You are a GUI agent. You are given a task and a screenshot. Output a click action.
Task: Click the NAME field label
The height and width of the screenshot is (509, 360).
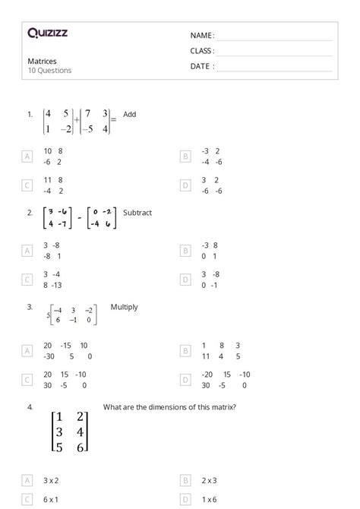click(202, 36)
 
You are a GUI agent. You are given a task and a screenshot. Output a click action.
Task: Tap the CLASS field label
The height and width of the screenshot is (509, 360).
click(202, 51)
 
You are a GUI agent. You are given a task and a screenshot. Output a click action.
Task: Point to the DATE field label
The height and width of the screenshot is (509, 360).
click(202, 66)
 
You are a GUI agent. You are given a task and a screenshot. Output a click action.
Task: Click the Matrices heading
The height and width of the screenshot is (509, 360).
click(42, 62)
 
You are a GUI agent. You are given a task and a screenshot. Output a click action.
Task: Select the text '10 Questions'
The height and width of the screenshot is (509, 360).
click(50, 71)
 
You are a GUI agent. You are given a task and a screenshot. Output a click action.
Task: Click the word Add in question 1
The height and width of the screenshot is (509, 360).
click(130, 115)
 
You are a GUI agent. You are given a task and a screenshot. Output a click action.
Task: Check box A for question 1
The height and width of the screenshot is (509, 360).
click(27, 156)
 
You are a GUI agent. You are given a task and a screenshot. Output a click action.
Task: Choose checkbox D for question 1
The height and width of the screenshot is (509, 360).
click(185, 185)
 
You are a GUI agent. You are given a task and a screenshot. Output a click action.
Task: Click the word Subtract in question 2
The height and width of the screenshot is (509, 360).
click(137, 213)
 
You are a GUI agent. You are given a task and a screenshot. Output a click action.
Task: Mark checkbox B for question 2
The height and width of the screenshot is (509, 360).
click(185, 250)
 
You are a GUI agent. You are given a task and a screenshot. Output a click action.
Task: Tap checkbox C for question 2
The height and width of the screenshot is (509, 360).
click(27, 280)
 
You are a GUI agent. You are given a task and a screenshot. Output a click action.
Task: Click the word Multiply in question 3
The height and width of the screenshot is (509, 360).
click(125, 308)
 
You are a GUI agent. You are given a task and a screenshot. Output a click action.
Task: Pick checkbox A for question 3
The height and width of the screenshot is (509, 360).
click(27, 350)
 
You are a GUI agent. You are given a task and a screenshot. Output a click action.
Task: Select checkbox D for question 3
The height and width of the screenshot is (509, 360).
click(185, 379)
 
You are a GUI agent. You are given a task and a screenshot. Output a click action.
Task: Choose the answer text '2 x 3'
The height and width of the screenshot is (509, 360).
click(210, 480)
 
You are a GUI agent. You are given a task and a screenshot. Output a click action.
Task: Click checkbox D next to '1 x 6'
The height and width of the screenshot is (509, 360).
click(185, 499)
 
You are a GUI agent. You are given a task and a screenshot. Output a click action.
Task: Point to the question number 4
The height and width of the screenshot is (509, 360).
click(30, 407)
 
